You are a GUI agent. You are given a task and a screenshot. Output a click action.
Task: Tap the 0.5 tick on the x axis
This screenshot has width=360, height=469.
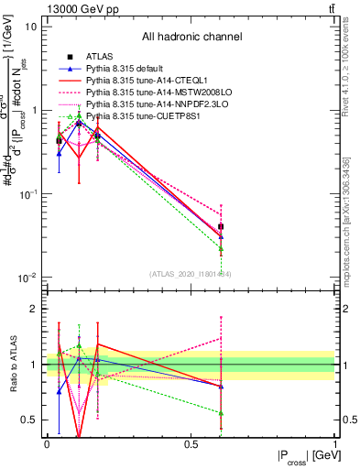[x=191, y=444]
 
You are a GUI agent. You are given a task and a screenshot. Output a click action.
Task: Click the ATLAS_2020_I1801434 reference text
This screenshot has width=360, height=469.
[x=191, y=272]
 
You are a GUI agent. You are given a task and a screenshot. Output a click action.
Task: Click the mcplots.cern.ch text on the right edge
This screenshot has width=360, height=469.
[x=345, y=215]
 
